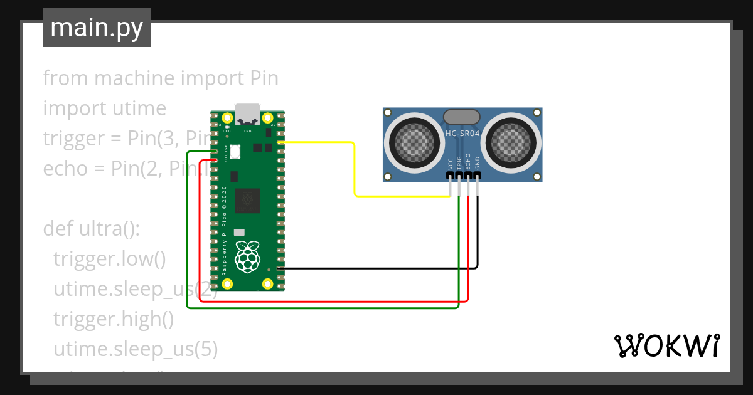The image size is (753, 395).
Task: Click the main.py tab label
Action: pyautogui.click(x=96, y=28)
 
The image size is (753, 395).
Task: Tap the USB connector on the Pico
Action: pyautogui.click(x=247, y=113)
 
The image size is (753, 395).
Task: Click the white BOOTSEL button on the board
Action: pyautogui.click(x=236, y=152)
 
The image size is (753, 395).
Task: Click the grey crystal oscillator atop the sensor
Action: pyautogui.click(x=462, y=116)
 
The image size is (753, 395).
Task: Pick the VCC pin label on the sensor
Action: pyautogui.click(x=451, y=164)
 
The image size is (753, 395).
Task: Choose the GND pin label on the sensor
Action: pyautogui.click(x=478, y=164)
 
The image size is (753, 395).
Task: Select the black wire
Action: pyautogui.click(x=376, y=268)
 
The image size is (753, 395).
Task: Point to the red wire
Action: pyautogui.click(x=333, y=302)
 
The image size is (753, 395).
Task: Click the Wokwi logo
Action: pyautogui.click(x=666, y=345)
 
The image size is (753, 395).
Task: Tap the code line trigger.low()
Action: pyautogui.click(x=110, y=259)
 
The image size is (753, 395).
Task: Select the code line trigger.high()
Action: pyautogui.click(x=114, y=319)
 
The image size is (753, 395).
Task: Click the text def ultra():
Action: pyautogui.click(x=91, y=229)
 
